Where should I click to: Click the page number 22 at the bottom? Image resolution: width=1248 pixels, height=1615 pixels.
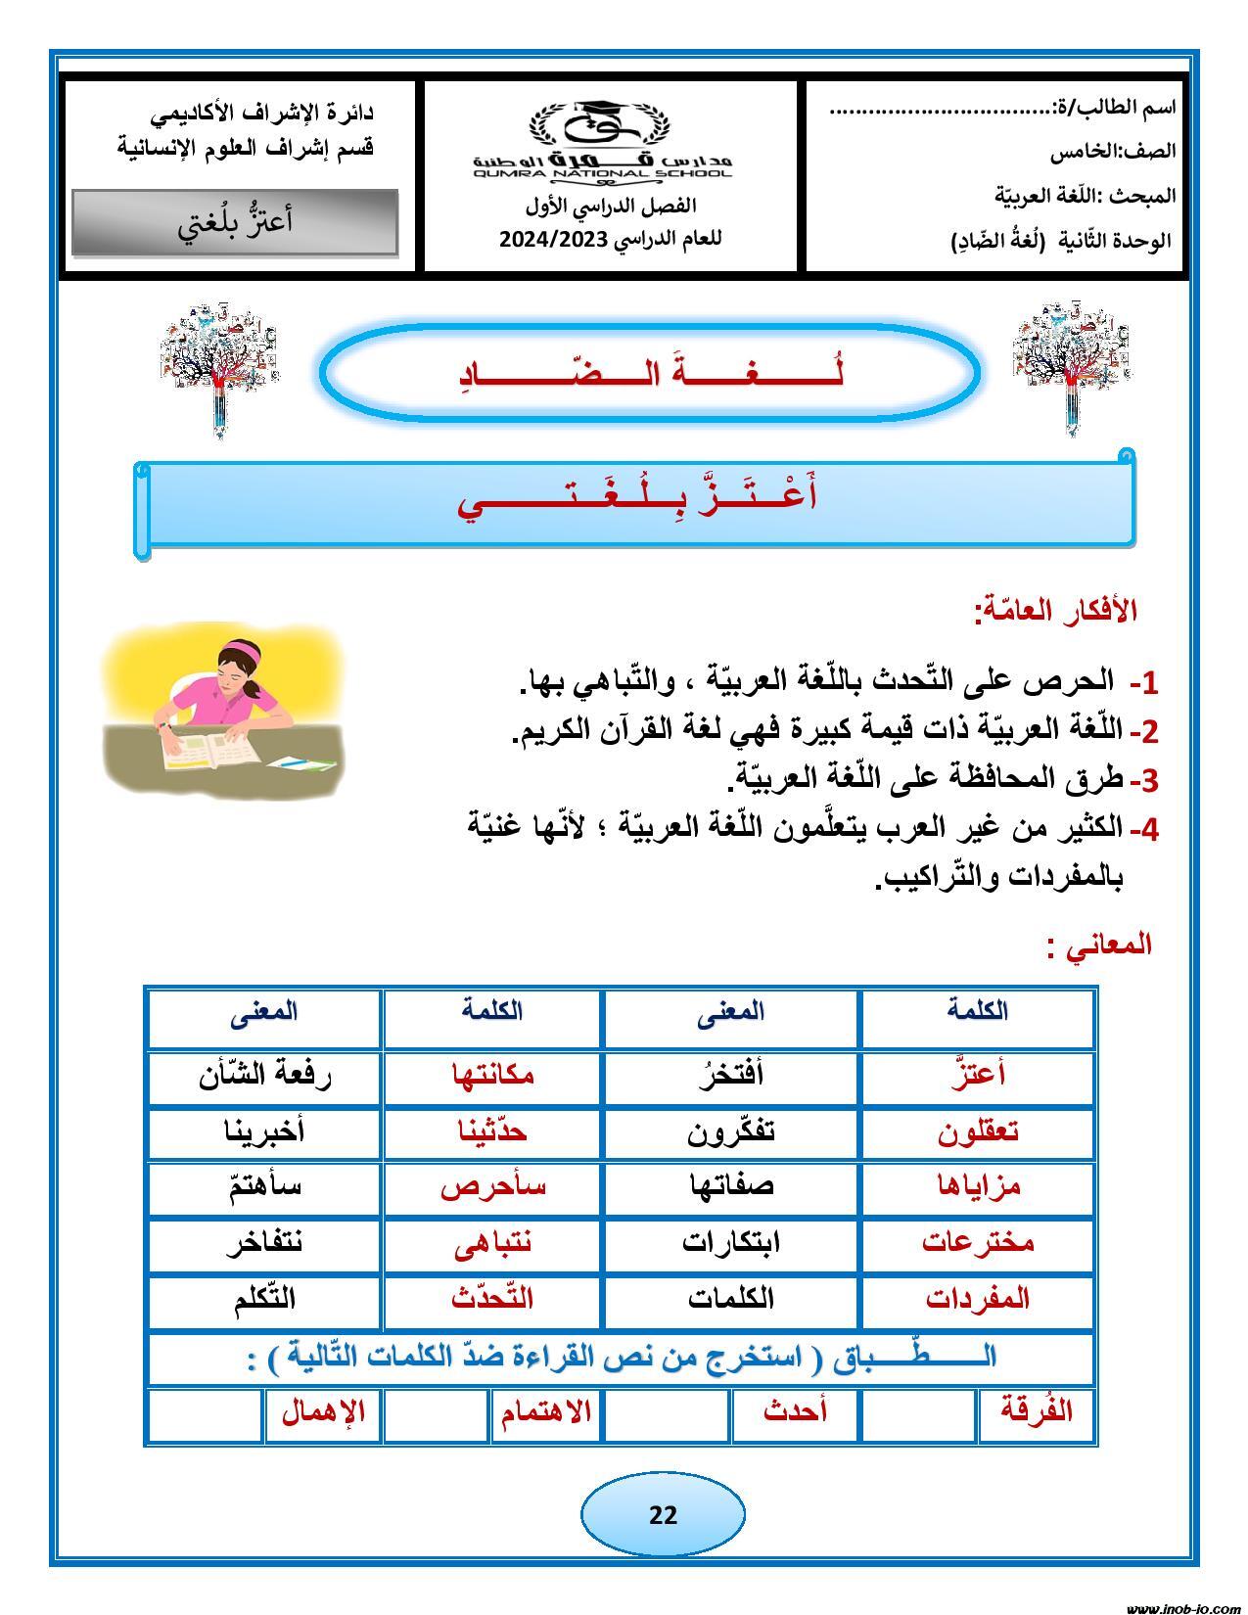coord(663,1515)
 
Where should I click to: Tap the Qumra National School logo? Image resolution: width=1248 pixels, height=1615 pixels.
coord(602,140)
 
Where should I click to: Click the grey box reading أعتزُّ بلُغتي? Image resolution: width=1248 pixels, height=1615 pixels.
coord(235,222)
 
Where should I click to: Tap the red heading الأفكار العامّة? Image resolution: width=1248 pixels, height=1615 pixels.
coord(1055,611)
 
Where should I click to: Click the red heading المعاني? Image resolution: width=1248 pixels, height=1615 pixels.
coord(1099,946)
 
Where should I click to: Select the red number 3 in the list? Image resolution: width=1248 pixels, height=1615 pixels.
coord(1149,781)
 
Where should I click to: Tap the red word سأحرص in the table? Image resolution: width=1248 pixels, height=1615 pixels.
coord(492,1186)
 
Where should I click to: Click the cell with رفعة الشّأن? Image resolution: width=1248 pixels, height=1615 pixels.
coord(264,1076)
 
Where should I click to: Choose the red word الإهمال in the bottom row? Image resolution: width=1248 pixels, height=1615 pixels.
coord(323,1412)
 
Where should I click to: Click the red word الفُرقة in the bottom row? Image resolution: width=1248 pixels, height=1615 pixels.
coord(1037,1411)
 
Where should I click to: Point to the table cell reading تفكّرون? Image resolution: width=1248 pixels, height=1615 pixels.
coord(731,1131)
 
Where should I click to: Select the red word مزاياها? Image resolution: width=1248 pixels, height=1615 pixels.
coord(977,1186)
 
